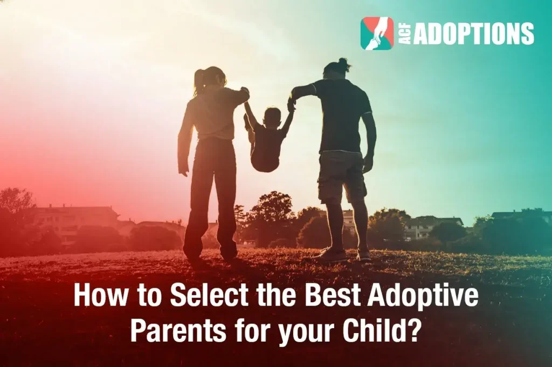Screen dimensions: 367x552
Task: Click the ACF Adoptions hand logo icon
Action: [x=377, y=33]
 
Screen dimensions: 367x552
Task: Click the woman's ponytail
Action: [x=199, y=81]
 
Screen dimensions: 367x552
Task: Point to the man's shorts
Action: [x=341, y=175]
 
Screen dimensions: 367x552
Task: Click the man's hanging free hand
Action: [x=368, y=164]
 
